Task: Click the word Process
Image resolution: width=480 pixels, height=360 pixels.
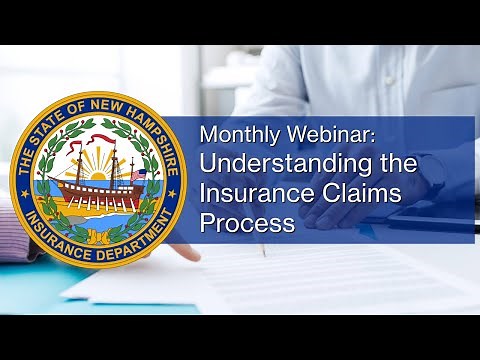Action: [247, 223]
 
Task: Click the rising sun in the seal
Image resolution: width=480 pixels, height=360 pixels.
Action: [98, 160]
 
